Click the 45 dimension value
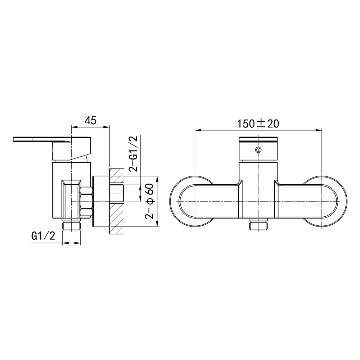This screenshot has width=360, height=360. pyautogui.click(x=90, y=121)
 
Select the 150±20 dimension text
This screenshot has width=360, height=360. pyautogui.click(x=258, y=123)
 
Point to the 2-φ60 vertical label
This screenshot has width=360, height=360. pyautogui.click(x=149, y=202)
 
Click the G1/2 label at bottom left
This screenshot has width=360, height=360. pyautogui.click(x=43, y=236)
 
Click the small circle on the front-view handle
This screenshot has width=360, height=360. pyautogui.click(x=258, y=150)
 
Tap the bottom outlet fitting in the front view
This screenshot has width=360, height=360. pyautogui.click(x=258, y=226)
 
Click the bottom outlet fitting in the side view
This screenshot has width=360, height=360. pyautogui.click(x=72, y=226)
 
